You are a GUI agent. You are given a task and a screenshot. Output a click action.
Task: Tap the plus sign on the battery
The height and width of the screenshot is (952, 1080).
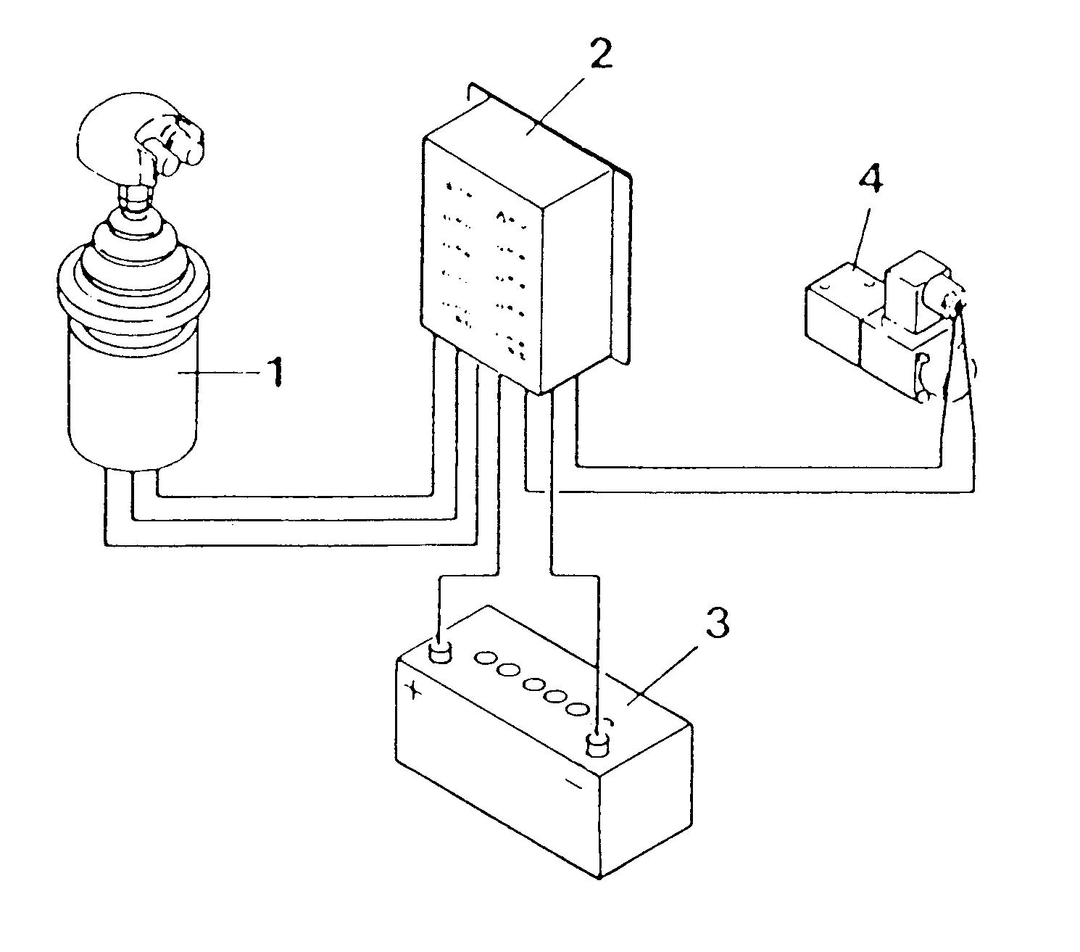tap(413, 690)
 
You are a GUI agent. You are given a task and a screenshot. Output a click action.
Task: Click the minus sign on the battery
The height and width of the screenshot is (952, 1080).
tap(573, 784)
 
